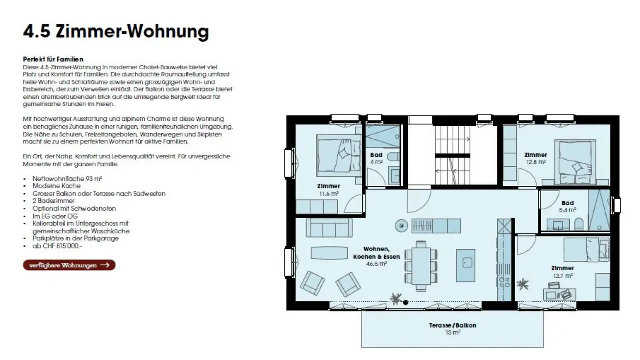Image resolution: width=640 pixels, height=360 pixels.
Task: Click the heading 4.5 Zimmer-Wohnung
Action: tap(116, 32)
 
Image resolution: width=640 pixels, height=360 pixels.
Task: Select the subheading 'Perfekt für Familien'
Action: tap(53, 59)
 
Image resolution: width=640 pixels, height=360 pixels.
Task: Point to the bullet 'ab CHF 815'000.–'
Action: tap(57, 246)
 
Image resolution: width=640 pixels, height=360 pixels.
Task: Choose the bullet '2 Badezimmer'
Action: tap(54, 200)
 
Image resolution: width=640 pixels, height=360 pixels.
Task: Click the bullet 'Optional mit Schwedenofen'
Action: tap(68, 208)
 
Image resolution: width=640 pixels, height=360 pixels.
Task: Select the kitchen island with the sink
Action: tap(465, 265)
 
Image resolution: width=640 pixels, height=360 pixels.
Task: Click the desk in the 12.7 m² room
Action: tap(560, 293)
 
